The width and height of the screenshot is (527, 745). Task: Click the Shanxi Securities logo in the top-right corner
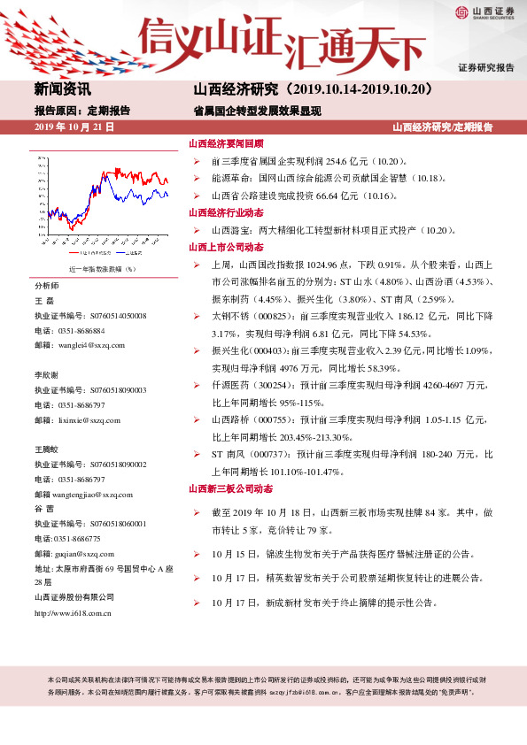(x=484, y=12)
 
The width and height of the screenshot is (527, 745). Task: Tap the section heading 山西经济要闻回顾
(x=226, y=144)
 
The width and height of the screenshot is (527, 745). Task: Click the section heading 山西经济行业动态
(x=226, y=212)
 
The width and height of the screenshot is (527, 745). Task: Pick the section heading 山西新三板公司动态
(x=229, y=488)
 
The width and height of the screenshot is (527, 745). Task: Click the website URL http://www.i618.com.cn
(x=73, y=613)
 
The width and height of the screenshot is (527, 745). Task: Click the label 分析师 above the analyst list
(x=47, y=287)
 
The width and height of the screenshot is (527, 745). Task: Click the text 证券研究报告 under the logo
(x=486, y=68)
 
